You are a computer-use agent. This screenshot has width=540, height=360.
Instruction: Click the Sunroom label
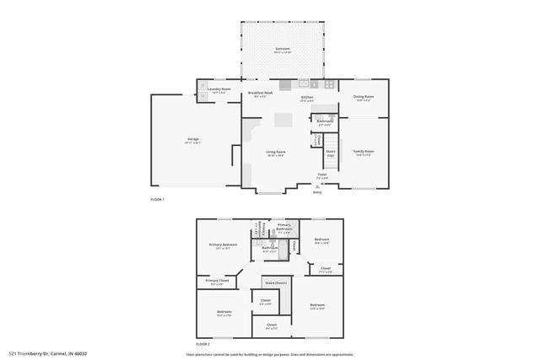click(283, 50)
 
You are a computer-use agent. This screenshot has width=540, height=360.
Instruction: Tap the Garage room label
click(192, 140)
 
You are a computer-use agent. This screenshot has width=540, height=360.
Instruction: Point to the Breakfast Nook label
click(260, 94)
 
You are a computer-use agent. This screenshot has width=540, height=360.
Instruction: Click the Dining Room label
click(364, 98)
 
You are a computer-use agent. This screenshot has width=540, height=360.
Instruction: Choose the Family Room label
click(364, 153)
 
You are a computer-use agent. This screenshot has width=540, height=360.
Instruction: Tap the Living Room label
click(275, 153)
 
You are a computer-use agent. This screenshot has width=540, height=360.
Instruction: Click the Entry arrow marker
click(317, 186)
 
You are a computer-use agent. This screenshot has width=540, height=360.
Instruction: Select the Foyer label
click(321, 176)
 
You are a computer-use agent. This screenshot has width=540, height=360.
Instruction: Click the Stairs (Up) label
click(331, 154)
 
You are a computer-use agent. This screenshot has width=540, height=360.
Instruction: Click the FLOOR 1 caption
click(157, 199)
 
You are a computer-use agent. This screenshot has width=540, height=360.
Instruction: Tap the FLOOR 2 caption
click(202, 344)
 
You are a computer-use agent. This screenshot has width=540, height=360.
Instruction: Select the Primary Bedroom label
click(224, 246)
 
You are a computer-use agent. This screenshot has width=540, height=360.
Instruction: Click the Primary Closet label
click(217, 282)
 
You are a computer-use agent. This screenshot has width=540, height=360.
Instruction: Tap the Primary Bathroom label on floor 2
click(283, 227)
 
